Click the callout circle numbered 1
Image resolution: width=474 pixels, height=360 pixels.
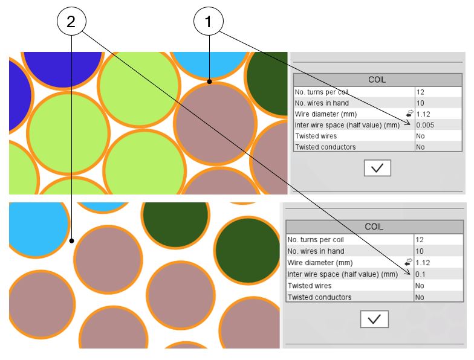[209, 22]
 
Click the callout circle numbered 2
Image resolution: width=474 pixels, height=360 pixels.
[71, 22]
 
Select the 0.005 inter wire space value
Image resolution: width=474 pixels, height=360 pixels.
[425, 125]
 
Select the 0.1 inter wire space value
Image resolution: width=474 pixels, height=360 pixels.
[420, 274]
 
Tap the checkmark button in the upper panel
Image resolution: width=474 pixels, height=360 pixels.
[377, 168]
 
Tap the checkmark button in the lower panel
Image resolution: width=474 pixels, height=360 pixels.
[374, 319]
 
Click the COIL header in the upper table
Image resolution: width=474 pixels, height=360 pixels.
[377, 80]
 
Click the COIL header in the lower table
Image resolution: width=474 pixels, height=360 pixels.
[374, 227]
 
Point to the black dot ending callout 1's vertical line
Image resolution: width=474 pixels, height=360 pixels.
[209, 82]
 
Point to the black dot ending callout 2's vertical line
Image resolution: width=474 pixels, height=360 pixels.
[71, 240]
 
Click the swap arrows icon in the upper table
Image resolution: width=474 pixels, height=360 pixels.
[410, 114]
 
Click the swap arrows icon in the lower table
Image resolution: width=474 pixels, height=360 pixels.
[409, 262]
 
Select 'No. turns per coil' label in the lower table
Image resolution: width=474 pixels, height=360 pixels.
[316, 240]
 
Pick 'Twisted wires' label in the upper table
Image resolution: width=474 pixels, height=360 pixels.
[316, 136]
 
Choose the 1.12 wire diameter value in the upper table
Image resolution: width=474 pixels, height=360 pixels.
[423, 114]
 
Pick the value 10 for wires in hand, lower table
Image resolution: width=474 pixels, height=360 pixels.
[420, 251]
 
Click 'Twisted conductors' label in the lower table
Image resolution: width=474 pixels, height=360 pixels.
[319, 297]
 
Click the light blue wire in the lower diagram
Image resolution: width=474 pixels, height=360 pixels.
[36, 230]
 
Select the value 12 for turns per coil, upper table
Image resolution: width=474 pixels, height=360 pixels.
[420, 92]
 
